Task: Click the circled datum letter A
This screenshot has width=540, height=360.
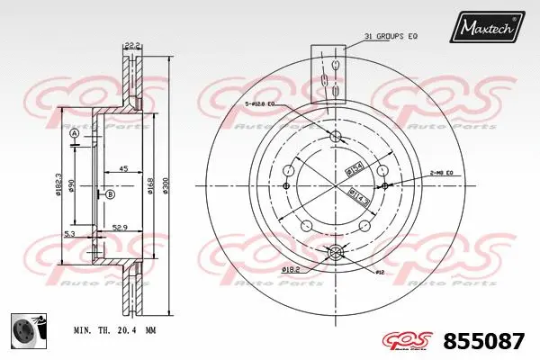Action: pyautogui.click(x=75, y=134)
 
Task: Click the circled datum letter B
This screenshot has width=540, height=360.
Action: pyautogui.click(x=110, y=194)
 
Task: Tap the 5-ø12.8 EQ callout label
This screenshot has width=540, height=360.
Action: pyautogui.click(x=266, y=106)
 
